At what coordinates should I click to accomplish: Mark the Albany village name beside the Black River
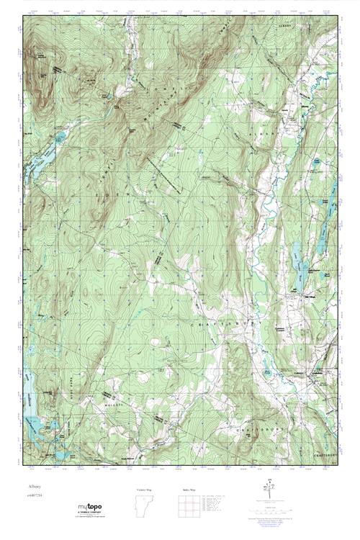pyautogui.click(x=287, y=109)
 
